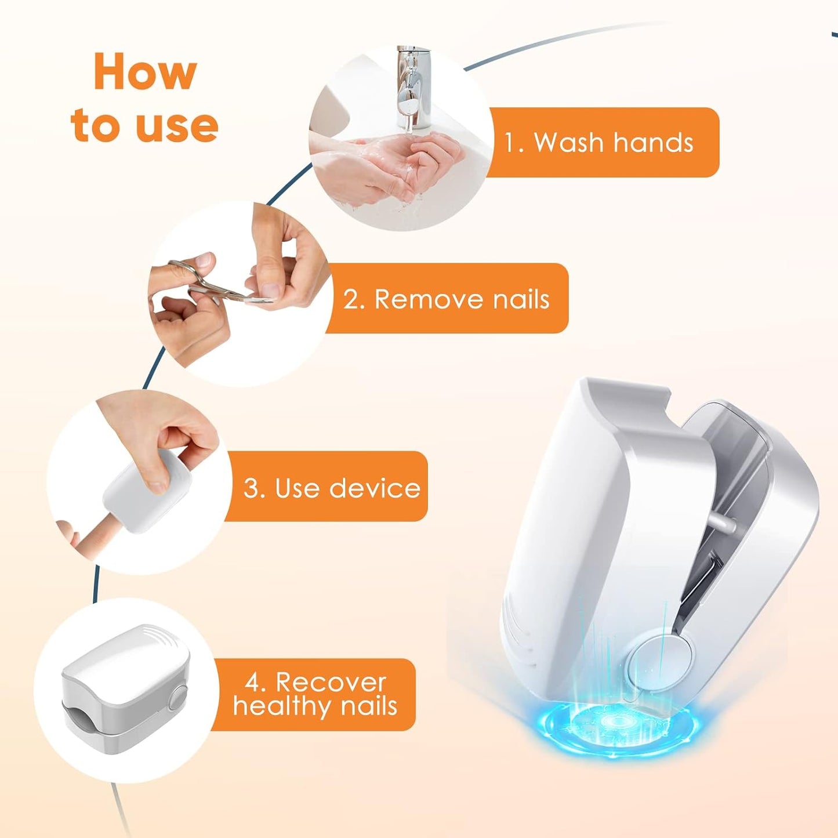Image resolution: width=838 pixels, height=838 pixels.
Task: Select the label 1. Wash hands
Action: (602, 142)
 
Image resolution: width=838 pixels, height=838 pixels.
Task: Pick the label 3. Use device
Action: (326, 488)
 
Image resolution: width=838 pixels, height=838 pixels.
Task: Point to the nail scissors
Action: (217, 282)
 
